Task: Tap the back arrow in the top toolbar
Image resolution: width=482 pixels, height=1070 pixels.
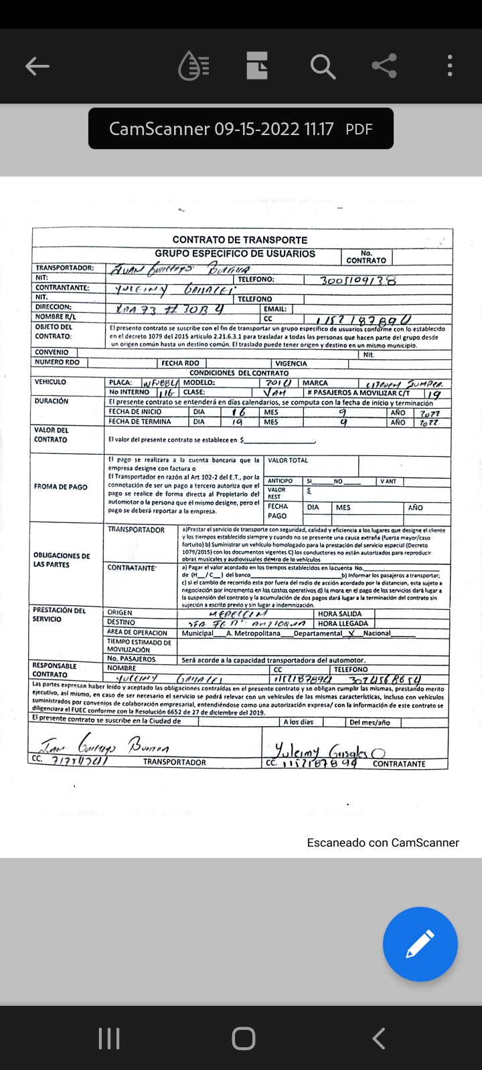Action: [37, 66]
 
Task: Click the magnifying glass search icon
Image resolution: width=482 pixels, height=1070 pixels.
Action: [323, 66]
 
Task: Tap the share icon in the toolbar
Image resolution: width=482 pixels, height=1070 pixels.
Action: [384, 66]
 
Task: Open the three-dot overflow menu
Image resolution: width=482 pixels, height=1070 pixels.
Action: [450, 66]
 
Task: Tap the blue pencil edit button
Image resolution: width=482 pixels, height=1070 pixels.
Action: [420, 944]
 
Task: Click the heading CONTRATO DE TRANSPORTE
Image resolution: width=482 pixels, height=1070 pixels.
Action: [240, 240]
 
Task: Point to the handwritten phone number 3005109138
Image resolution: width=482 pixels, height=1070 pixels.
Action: [358, 280]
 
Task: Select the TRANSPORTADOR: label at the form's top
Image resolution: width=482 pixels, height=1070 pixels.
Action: [64, 268]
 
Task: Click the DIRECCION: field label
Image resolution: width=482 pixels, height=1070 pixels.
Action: [54, 307]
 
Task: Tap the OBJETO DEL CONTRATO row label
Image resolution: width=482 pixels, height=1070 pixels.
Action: [54, 332]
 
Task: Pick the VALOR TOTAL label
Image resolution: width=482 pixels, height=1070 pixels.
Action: [288, 461]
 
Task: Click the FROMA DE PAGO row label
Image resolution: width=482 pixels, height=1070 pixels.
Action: [61, 487]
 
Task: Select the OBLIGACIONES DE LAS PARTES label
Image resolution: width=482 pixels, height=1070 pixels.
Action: [62, 560]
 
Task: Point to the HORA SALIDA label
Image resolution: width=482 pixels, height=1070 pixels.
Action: [339, 614]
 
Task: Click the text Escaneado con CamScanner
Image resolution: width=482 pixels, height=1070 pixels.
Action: [383, 843]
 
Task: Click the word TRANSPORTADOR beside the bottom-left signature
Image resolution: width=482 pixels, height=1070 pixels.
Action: [174, 762]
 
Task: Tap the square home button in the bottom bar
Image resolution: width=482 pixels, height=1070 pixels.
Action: [243, 1039]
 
